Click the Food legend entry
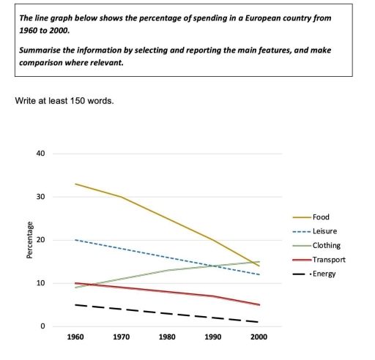coord(321,217)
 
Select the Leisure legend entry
coord(324,231)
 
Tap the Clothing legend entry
coord(325,245)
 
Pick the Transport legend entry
coord(327,259)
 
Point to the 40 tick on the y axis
coord(40,154)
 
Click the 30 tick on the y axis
coord(40,197)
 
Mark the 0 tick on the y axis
coord(42,326)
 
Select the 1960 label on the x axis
coord(75,337)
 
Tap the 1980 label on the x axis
coord(167,337)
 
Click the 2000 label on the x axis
coord(259,337)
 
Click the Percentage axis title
coord(29,240)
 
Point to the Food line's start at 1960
coord(75,184)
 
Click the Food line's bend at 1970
coord(121,197)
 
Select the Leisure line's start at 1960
coord(75,240)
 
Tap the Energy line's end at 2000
coord(259,322)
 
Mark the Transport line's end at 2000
coord(259,305)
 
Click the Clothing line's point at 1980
coord(167,270)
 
